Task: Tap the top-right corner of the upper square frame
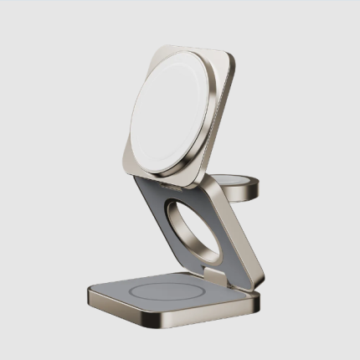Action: (229, 58)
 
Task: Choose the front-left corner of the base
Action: (91, 295)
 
